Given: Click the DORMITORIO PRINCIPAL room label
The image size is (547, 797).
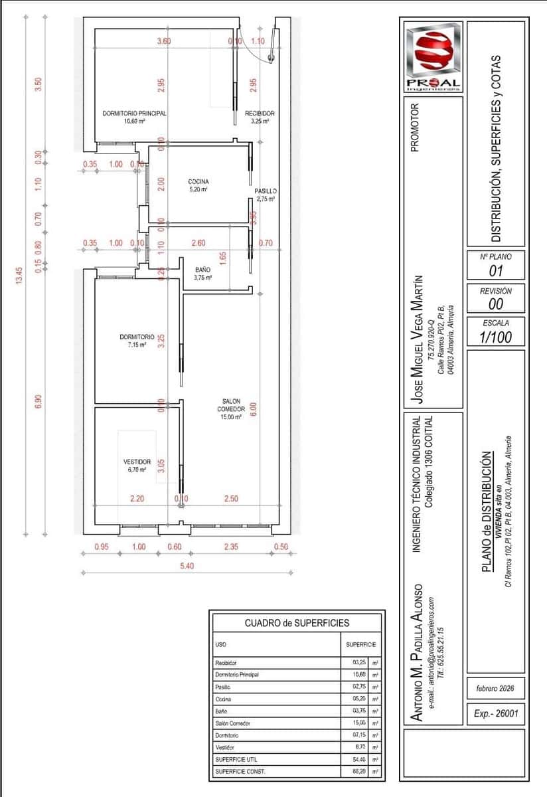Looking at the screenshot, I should coord(134,114).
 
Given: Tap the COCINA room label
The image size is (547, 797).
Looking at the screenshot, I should coord(198,181).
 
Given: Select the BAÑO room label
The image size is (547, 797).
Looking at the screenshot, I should coord(203,270).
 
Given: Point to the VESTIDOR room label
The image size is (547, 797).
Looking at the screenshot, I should coord(137,462).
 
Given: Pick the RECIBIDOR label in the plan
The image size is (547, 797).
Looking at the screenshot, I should coord(260,114).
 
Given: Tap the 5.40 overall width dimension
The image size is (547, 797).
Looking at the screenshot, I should coord(188,566).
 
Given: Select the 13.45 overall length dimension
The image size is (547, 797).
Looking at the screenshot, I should coord(20,275).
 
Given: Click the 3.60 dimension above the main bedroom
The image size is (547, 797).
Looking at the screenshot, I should coord(163,41).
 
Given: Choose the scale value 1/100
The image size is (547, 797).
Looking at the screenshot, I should coord(495,336).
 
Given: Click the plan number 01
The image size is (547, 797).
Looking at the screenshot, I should coord(495,271).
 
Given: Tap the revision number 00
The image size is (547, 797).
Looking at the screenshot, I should coord(495,304).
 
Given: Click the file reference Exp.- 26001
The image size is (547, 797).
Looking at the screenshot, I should coord(495,715).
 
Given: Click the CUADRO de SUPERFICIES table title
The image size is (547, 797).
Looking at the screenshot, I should coord(296,623).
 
